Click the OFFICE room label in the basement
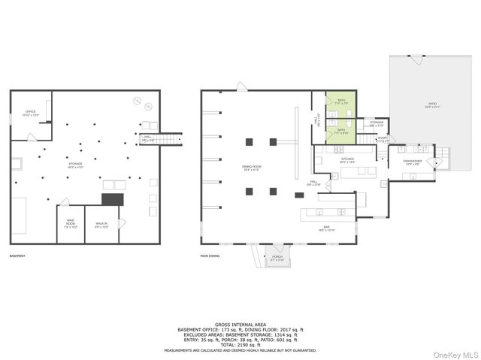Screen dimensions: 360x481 click(x=31, y=113)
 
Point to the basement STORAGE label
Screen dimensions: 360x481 click(x=75, y=164)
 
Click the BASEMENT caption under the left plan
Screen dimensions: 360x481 click(x=17, y=256)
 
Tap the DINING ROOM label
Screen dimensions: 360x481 click(x=251, y=169)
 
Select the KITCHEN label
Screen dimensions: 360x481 click(x=347, y=160)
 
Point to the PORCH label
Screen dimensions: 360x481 click(x=277, y=259)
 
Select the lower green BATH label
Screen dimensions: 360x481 click(x=341, y=131)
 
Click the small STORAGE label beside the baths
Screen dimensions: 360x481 click(x=376, y=123)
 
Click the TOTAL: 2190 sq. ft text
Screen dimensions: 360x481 click(x=240, y=344)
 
